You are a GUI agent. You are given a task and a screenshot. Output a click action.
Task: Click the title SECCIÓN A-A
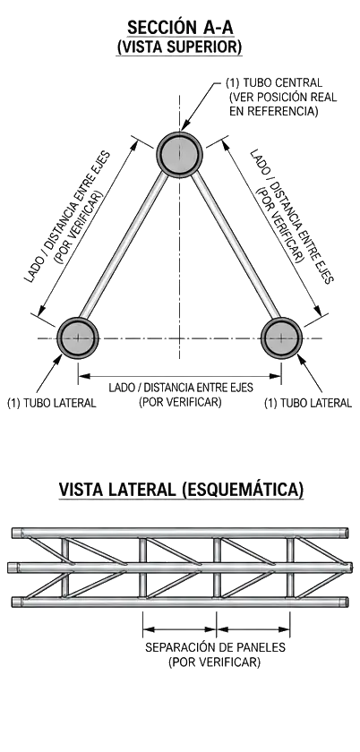(x=180, y=28)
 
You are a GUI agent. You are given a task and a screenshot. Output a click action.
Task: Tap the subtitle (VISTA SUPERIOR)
(x=179, y=47)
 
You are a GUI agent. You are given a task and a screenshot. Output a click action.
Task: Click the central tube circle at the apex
(x=180, y=154)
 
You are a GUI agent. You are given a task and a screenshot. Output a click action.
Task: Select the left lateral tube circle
(x=78, y=338)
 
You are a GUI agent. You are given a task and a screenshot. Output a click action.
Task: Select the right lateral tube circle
(x=282, y=338)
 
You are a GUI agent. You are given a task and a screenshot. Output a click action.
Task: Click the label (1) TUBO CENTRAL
(x=274, y=82)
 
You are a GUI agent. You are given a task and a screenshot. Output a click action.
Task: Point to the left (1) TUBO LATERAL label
(x=51, y=403)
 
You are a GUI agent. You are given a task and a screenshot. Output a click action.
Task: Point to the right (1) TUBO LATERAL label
(x=308, y=403)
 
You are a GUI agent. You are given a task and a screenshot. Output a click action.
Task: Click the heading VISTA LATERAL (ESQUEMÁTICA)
(x=181, y=490)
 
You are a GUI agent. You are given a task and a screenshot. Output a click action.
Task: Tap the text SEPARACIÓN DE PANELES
(x=215, y=647)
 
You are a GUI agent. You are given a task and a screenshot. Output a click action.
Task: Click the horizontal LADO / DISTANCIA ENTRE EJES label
(x=181, y=388)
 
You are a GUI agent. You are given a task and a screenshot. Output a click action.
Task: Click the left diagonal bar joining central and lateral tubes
(x=123, y=245)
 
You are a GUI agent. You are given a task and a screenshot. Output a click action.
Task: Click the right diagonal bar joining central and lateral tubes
(x=236, y=245)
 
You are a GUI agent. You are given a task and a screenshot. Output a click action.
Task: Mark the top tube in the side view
(x=180, y=533)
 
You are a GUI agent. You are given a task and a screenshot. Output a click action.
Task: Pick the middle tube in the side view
(x=181, y=568)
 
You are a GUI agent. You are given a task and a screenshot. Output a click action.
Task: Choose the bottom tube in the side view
(x=180, y=602)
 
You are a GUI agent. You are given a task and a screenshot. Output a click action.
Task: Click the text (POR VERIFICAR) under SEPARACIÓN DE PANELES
(x=215, y=662)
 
